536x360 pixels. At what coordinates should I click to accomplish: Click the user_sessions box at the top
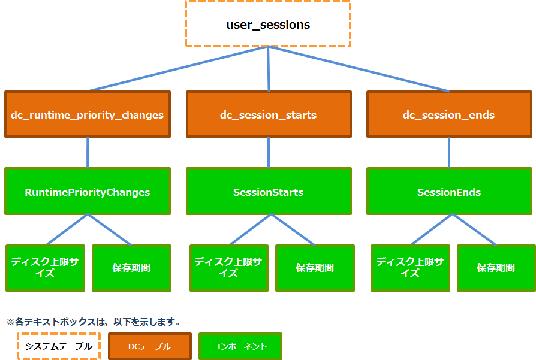point(267,25)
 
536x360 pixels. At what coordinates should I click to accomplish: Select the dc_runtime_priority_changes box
point(88,114)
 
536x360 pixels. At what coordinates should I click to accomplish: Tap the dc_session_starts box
point(268,114)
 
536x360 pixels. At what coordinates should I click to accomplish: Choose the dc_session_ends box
point(449,114)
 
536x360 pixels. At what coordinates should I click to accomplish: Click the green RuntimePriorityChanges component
point(88,192)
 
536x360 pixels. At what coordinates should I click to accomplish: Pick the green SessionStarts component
point(268,192)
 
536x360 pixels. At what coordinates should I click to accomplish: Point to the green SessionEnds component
point(449,192)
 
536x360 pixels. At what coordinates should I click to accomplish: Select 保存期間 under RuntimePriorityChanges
point(131,268)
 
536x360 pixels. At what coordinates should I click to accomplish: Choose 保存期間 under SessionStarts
point(315,268)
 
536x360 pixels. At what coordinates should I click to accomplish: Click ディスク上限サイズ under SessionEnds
point(410,268)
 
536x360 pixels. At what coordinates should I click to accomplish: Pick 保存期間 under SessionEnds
point(496,268)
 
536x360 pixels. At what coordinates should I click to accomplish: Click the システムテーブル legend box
point(58,346)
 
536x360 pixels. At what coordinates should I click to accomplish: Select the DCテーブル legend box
point(149,346)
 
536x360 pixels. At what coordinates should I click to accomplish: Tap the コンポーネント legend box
point(240,346)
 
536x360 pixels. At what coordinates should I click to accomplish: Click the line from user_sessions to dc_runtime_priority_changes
point(177,69)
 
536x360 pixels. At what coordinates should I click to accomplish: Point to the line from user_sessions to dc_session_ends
point(359,69)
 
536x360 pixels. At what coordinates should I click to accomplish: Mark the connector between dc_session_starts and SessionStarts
point(268,152)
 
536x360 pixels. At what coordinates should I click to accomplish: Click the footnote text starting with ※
point(93,322)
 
